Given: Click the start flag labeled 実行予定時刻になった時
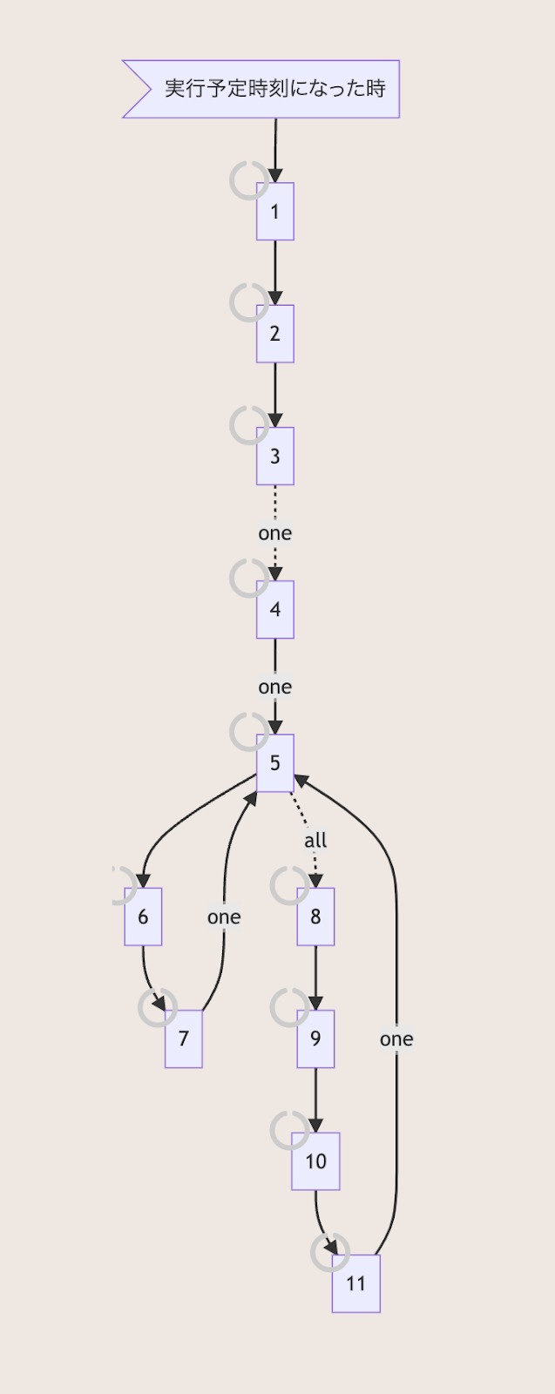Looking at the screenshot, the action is coord(261,89).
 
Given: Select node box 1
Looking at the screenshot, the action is coord(275,212).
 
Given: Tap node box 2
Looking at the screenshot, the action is coord(275,334).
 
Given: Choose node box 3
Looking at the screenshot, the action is coord(275,456).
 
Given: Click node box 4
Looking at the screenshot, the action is coord(275,610).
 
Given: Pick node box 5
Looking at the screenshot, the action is coord(275,763).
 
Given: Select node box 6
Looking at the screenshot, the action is coord(143,917).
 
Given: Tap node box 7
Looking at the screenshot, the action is coord(184,1039).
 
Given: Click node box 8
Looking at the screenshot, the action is coord(315,917).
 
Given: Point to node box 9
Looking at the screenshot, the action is coord(315,1039).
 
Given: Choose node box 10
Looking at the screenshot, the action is coord(315,1161).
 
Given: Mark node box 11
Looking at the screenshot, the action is coord(355,1283).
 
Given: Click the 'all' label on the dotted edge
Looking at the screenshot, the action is coord(315,841).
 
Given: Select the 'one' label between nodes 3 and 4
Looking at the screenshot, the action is coord(275,533).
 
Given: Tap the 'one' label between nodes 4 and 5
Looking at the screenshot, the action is coord(275,687).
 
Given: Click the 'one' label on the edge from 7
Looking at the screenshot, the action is coord(224,917).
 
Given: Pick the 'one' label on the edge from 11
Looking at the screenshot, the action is coord(396,1039).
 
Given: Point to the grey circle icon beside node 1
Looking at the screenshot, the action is coord(248,180).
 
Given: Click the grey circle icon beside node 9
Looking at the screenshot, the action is coord(289,1007).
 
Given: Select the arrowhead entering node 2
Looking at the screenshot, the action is coord(275,297).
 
